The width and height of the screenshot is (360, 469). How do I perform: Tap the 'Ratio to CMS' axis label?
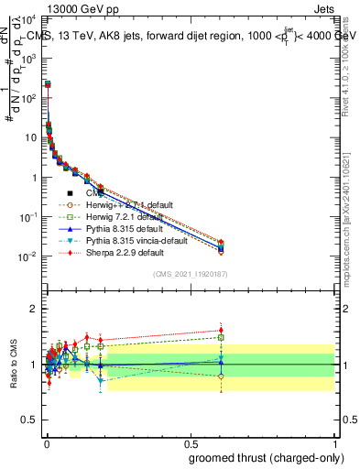click(x=13, y=364)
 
